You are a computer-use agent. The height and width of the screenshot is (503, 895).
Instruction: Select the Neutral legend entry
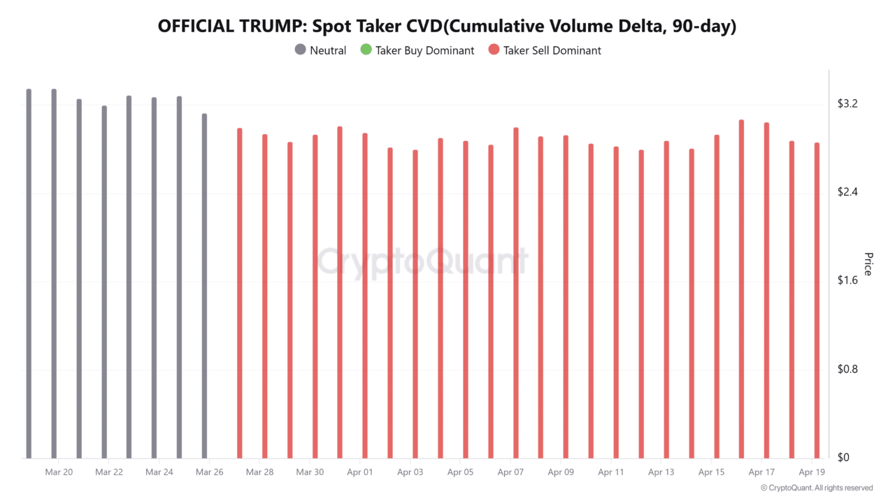tap(321, 50)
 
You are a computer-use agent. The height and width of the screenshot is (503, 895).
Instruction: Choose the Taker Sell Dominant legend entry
tap(545, 50)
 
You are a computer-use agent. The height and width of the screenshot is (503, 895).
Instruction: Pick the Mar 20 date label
tap(59, 472)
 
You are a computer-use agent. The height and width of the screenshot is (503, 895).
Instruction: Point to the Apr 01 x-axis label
tap(359, 472)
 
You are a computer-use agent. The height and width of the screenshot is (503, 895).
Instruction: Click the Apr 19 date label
tap(811, 472)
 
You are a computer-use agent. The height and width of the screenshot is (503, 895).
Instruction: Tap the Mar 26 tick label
tap(209, 472)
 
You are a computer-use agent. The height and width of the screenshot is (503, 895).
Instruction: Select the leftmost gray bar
tap(29, 272)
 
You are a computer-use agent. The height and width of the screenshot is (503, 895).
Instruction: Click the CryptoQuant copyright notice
tap(816, 488)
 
